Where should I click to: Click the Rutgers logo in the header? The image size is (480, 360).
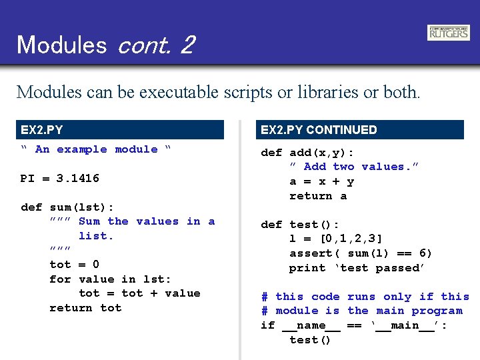click(448, 33)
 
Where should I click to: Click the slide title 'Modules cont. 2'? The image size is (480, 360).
click(105, 45)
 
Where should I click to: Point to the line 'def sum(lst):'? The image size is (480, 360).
click(67, 207)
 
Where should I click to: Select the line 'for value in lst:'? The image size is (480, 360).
click(110, 279)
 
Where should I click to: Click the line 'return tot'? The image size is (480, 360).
click(85, 308)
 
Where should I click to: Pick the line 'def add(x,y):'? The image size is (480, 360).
click(307, 153)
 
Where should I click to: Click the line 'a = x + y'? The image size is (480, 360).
click(321, 181)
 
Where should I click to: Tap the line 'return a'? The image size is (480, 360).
click(318, 196)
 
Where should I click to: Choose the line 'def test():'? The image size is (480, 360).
click(300, 225)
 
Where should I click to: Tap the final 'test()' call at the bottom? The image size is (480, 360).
click(310, 340)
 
